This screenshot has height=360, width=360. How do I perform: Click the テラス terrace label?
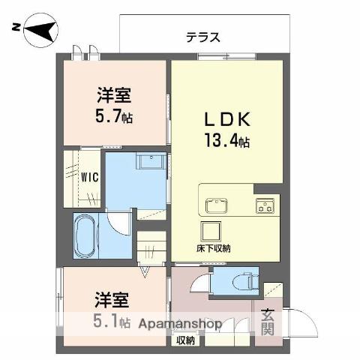203,37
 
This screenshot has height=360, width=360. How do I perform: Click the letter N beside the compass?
16,27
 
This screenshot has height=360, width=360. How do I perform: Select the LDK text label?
227,119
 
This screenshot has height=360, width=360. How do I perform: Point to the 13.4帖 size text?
227,141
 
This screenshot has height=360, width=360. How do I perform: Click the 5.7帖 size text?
114,116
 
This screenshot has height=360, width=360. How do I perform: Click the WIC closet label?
90,177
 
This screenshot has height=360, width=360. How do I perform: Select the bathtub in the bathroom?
85,235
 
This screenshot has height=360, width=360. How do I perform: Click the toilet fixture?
246,281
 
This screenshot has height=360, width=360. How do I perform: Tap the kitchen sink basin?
216,205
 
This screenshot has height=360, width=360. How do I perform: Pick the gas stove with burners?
265,205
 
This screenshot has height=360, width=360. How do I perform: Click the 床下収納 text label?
213,248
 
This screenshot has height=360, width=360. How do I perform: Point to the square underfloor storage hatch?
211,232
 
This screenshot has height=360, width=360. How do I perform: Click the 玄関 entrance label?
268,322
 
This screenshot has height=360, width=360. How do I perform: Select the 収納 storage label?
186,340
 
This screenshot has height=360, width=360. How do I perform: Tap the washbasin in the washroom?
151,162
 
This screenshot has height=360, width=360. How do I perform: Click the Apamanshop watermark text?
180,324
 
